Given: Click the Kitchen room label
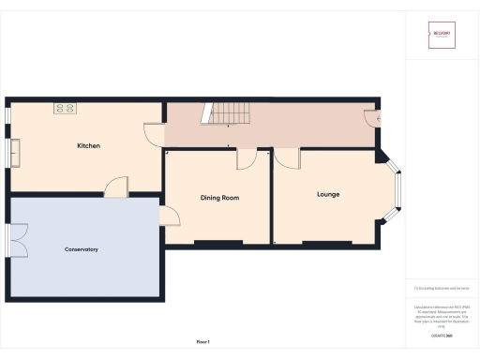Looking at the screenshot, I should coord(88,146).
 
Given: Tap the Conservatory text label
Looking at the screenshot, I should coord(82,249).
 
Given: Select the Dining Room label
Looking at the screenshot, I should coord(220,198).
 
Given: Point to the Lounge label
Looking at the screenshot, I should coord(328,194).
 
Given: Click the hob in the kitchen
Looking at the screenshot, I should coord(66,109).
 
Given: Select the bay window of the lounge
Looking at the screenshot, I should coord(395,192).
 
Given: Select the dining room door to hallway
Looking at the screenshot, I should coord(247,158).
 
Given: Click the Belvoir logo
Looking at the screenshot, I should coord(442,36).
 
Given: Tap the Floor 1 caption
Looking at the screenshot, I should coord(202,342).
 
